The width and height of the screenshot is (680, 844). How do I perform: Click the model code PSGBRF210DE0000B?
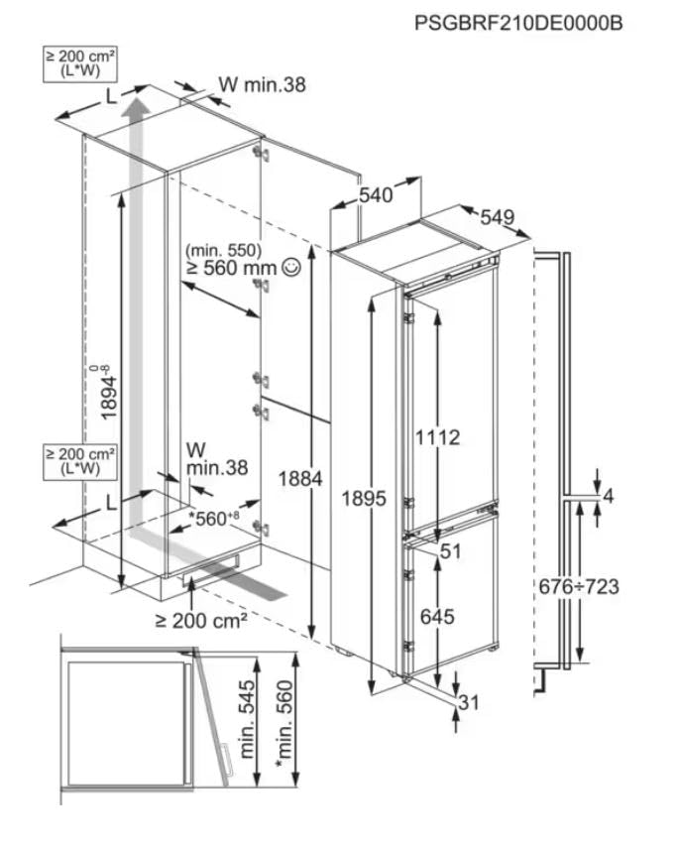[x=518, y=22]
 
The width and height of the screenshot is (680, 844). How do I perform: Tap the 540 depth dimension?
[x=376, y=195]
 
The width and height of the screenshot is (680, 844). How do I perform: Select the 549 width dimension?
[x=499, y=217]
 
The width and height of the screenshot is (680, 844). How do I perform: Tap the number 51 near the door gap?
[x=452, y=552]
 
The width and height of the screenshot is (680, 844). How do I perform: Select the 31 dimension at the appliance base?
[x=470, y=703]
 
